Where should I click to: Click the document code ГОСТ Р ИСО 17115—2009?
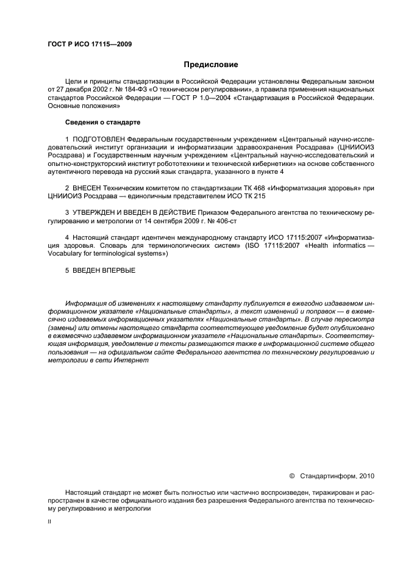pyautogui.click(x=89, y=44)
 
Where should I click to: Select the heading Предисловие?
pyautogui.click(x=210, y=64)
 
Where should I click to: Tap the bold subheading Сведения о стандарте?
pyautogui.click(x=102, y=122)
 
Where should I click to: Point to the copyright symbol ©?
pyautogui.click(x=291, y=475)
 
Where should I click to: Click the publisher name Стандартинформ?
pyautogui.click(x=329, y=475)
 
